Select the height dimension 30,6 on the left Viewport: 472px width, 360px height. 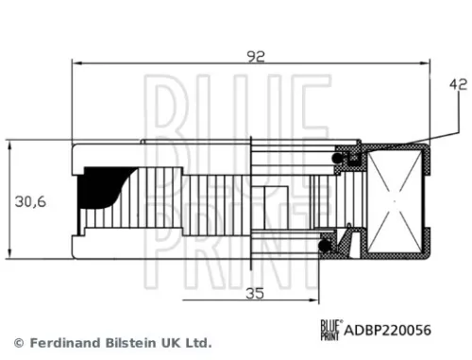pos(30,200)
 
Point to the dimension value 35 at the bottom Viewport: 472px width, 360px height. pos(252,292)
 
